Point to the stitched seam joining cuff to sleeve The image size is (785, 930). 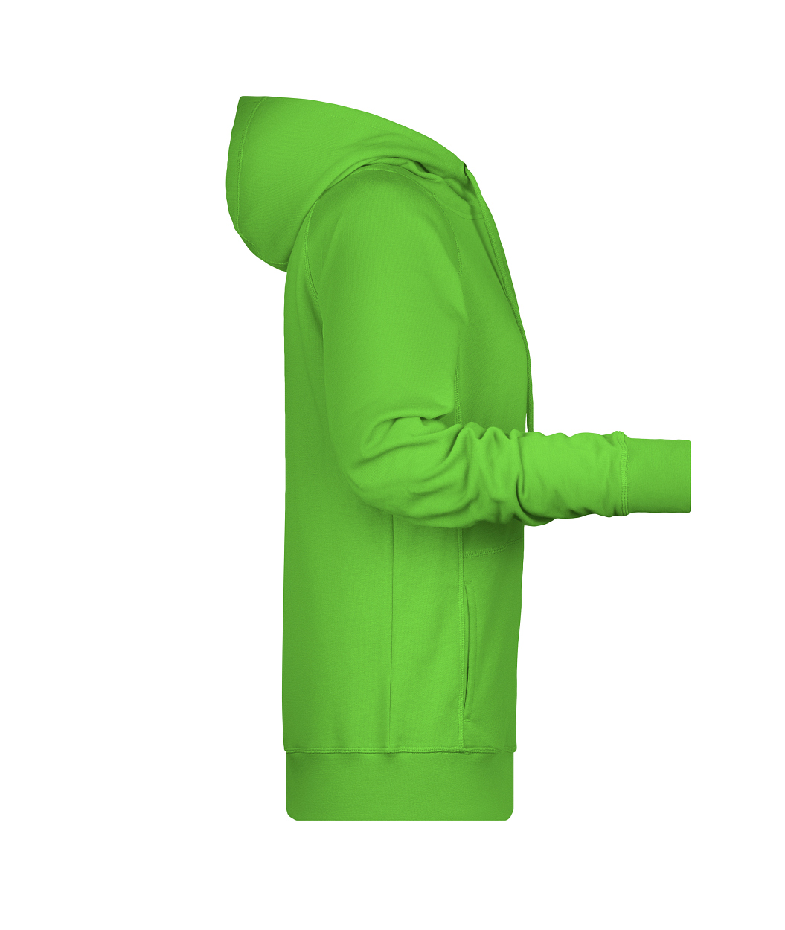[x=622, y=474]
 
